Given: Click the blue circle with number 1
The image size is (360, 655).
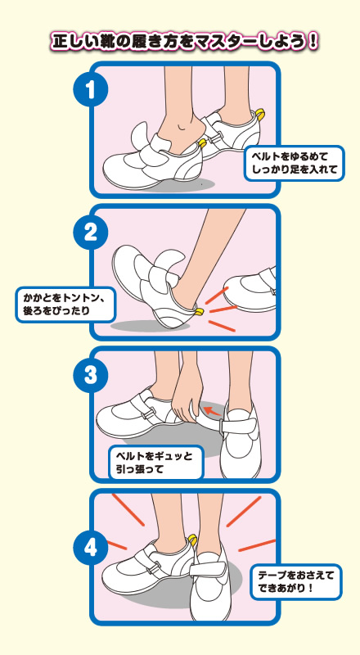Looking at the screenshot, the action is [91, 89].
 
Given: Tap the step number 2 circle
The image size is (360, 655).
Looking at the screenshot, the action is [91, 233].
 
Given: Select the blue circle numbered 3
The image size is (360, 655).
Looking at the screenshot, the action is [91, 375].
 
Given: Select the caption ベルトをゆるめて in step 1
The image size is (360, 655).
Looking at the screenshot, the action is [290, 157].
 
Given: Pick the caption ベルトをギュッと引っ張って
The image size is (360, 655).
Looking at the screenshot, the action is [155, 463].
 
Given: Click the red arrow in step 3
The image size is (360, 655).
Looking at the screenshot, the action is [213, 410].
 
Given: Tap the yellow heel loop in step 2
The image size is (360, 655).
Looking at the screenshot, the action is [199, 312].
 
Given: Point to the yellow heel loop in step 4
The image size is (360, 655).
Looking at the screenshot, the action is [192, 538].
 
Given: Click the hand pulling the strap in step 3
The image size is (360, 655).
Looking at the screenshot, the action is [187, 397].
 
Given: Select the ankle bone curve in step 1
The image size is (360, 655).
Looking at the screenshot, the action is [181, 127].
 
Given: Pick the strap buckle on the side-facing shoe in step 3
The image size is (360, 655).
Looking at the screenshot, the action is [146, 415].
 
